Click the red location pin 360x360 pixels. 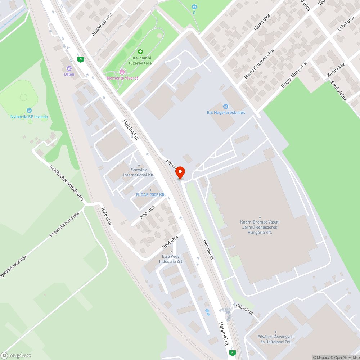coord(180,172)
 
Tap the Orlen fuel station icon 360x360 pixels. coord(69,68)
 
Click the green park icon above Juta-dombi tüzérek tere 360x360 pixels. coord(140,52)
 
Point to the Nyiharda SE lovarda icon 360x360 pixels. coord(29,111)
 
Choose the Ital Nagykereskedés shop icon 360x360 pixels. coord(226,107)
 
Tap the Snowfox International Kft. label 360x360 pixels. coord(139,172)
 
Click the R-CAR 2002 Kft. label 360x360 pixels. coord(150,195)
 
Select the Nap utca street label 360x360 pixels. coord(147,212)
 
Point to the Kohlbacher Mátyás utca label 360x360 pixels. coord(67,183)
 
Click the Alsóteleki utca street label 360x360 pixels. coord(102,24)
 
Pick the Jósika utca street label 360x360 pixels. coord(262,23)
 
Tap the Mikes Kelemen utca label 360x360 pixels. coord(259,64)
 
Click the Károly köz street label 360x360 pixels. coord(331,70)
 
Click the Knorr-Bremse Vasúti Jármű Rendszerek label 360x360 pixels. coord(260,227)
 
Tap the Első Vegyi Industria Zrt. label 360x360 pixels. coord(171,259)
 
